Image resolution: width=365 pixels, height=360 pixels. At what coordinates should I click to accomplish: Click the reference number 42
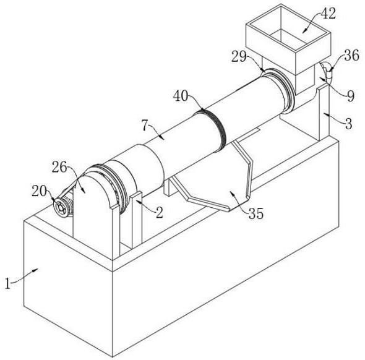coord(328,14)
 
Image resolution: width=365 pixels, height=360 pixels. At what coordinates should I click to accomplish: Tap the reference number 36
coord(351,56)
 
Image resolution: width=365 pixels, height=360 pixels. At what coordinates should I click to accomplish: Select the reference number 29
coord(239,56)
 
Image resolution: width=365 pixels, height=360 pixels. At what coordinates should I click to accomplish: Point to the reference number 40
coord(181,96)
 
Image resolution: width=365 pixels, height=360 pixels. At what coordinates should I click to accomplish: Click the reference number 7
coord(145,126)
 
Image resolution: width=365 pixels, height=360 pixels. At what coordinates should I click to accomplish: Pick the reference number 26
coord(59,167)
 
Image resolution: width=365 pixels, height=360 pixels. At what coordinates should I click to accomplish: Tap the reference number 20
coord(40,192)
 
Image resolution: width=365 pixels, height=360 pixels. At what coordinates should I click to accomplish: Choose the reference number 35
coord(256,213)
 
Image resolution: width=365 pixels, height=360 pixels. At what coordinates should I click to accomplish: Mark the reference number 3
coord(348,124)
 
